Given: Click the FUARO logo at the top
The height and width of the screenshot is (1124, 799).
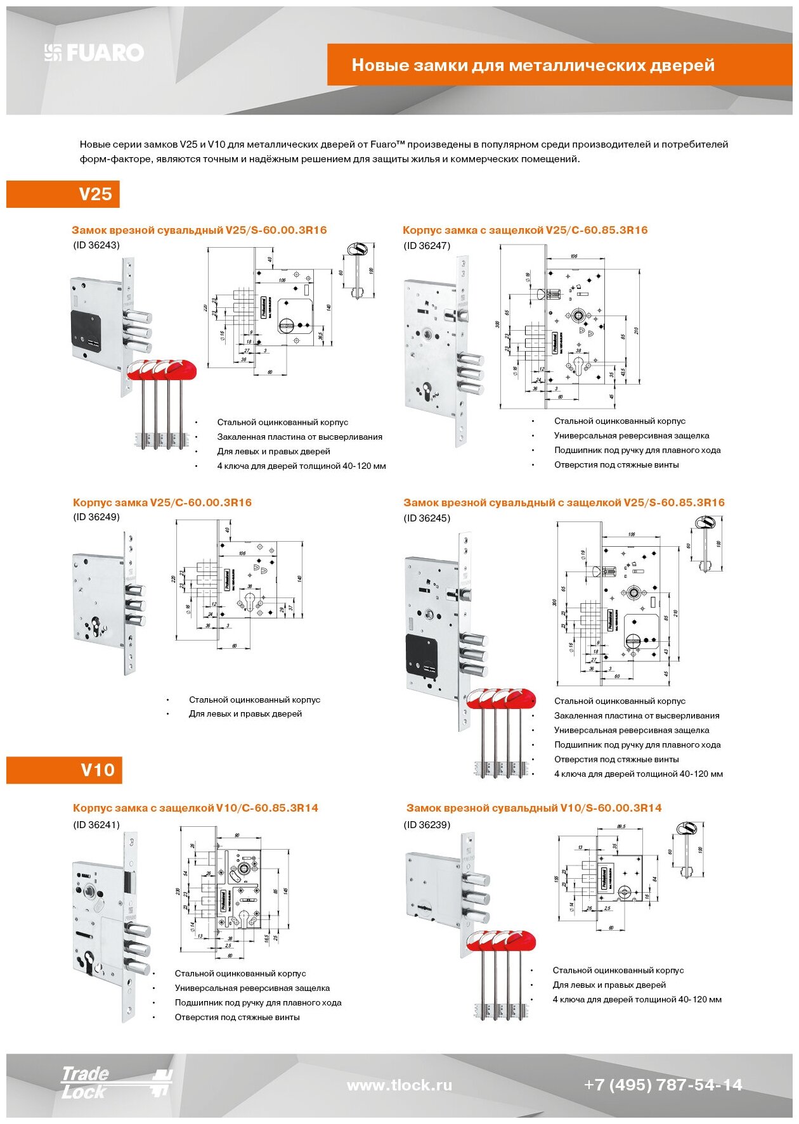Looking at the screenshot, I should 94,53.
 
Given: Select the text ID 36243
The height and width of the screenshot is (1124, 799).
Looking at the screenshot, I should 96,245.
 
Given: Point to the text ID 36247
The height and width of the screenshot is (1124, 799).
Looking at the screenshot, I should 427,246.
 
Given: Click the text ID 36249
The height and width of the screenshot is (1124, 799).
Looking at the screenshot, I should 96,517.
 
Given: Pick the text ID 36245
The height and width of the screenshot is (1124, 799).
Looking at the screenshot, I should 427,518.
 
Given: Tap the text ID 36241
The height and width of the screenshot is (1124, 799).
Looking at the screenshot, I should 96,825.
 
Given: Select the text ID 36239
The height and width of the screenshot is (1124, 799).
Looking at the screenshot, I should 427,825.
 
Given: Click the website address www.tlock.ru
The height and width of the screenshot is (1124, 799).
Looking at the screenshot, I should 399,1085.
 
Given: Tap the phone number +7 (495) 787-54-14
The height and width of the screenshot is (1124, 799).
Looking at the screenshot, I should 663,1085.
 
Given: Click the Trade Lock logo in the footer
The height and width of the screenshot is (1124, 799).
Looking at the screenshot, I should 114,1082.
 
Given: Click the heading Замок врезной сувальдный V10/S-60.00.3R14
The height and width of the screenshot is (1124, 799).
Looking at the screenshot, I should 534,808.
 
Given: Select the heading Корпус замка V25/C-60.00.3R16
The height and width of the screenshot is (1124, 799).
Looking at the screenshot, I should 162,502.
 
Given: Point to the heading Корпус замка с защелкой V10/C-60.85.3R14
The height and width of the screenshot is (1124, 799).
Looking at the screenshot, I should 195,808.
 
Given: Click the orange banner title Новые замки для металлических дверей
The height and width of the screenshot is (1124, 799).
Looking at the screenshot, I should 533,65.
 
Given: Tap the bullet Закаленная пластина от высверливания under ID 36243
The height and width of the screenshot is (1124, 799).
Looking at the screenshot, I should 299,437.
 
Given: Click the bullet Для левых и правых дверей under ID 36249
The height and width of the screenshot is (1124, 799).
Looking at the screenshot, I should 245,714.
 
